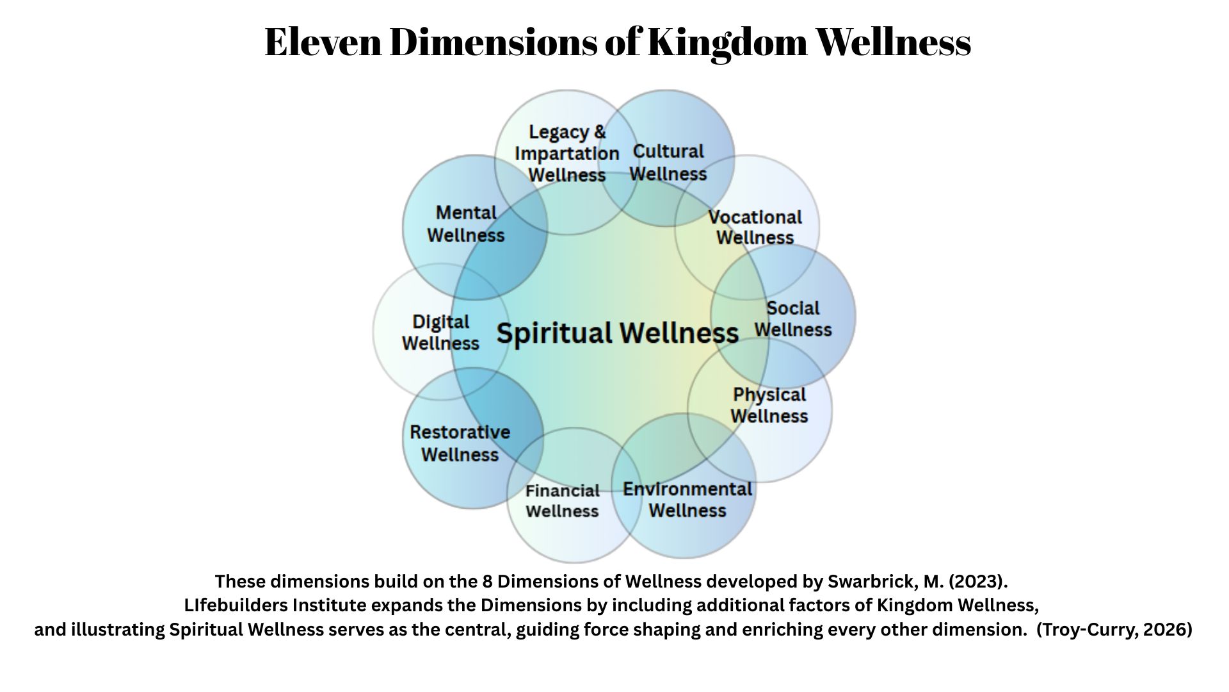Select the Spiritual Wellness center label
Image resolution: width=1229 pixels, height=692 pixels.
(618, 333)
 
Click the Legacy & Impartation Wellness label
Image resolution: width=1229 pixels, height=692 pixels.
(567, 154)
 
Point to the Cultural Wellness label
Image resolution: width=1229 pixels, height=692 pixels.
(668, 163)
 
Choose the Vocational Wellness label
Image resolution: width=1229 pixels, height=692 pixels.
(755, 227)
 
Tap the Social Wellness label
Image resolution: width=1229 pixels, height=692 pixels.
(793, 319)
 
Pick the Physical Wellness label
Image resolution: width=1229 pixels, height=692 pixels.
(769, 406)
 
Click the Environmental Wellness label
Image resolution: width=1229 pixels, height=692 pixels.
(687, 500)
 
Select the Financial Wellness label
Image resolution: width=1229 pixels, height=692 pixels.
(562, 501)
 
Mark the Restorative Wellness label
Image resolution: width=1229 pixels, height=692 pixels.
(460, 443)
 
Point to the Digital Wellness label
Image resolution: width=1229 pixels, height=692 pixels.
(440, 333)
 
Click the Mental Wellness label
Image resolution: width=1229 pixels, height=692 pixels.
(466, 224)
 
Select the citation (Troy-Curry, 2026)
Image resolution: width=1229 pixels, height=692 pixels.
(1114, 630)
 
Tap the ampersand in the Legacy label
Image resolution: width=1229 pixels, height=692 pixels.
(599, 132)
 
